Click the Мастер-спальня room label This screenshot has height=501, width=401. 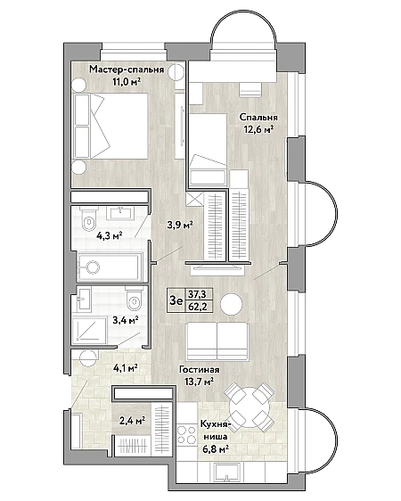[x=127, y=70]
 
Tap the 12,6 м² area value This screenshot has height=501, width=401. [x=258, y=129]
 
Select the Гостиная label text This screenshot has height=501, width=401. [x=200, y=370]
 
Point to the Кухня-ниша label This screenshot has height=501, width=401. [x=215, y=430]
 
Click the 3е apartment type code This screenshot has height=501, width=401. [x=176, y=300]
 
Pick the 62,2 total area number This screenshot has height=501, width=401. [x=198, y=307]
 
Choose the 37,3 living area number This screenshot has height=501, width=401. [x=197, y=293]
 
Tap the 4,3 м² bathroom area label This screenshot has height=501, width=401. [x=110, y=236]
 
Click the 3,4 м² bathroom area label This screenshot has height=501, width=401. [x=126, y=319]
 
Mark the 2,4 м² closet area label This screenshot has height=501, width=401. [x=132, y=421]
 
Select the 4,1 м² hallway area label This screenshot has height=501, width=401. [x=125, y=368]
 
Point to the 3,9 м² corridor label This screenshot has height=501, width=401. [x=180, y=225]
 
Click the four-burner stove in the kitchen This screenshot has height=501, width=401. [x=187, y=434]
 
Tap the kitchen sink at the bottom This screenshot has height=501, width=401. [x=227, y=472]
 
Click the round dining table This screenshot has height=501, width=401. [x=250, y=407]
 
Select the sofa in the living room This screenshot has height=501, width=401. [x=217, y=341]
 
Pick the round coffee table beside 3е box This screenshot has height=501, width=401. [x=232, y=304]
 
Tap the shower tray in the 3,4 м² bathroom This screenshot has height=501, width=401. [x=89, y=331]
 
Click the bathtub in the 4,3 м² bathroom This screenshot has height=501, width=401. [x=110, y=267]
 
